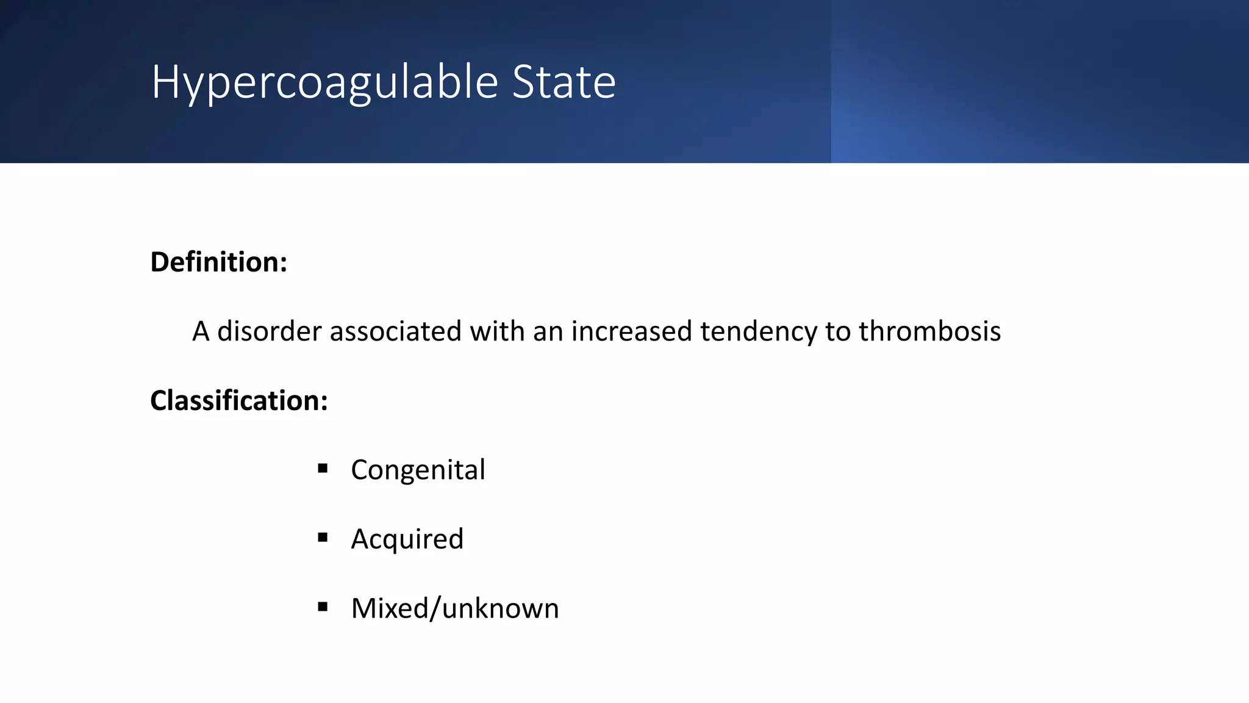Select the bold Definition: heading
point(218,262)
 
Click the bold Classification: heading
point(239,400)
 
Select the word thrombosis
point(929,331)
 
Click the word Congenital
point(418,470)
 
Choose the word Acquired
point(407,539)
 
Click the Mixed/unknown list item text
point(454,608)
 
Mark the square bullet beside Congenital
point(323,469)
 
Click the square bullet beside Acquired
point(323,538)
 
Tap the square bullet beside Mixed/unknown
point(323,607)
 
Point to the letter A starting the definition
point(201,331)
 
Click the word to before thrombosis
point(838,331)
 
